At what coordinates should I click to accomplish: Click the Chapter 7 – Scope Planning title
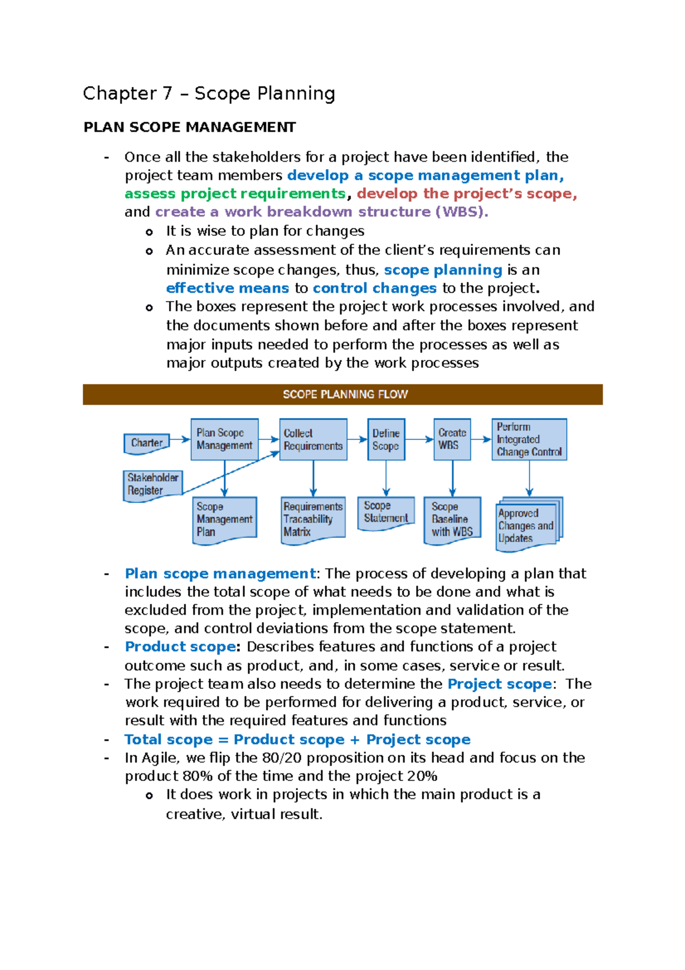209,93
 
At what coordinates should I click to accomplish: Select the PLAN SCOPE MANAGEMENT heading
190,127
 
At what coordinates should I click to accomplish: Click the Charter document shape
147,443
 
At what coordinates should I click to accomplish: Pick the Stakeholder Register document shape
152,484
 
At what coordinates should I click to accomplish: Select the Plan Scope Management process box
224,439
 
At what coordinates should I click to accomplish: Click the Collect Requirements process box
313,439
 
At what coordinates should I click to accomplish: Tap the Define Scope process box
386,439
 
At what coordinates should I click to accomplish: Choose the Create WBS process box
452,439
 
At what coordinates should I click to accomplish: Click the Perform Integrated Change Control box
529,439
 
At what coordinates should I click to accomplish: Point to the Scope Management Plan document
224,519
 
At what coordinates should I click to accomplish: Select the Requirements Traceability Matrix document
313,519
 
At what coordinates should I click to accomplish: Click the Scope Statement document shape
386,512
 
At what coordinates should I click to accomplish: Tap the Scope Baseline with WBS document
452,519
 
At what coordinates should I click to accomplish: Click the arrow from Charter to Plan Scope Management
180,439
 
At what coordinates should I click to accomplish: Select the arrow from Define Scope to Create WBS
419,439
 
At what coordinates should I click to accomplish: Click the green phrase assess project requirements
235,194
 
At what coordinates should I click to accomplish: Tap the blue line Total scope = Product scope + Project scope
297,739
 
